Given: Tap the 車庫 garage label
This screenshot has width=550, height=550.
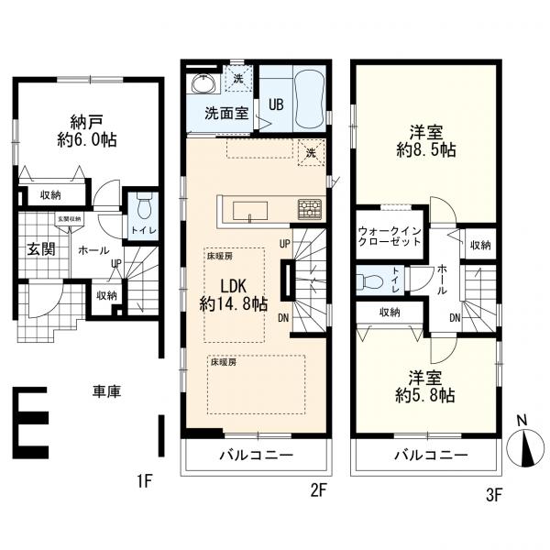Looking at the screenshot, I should coord(107,391).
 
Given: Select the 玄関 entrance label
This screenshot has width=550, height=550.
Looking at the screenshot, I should coord(36,249).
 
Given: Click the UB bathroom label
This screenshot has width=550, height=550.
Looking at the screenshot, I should coord(276,104).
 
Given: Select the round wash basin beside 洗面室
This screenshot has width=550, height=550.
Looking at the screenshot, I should coord(203,85).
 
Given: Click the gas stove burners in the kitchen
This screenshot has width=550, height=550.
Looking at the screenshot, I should coord(309,210).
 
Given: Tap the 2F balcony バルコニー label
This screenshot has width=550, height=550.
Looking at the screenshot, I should coord(255,456).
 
